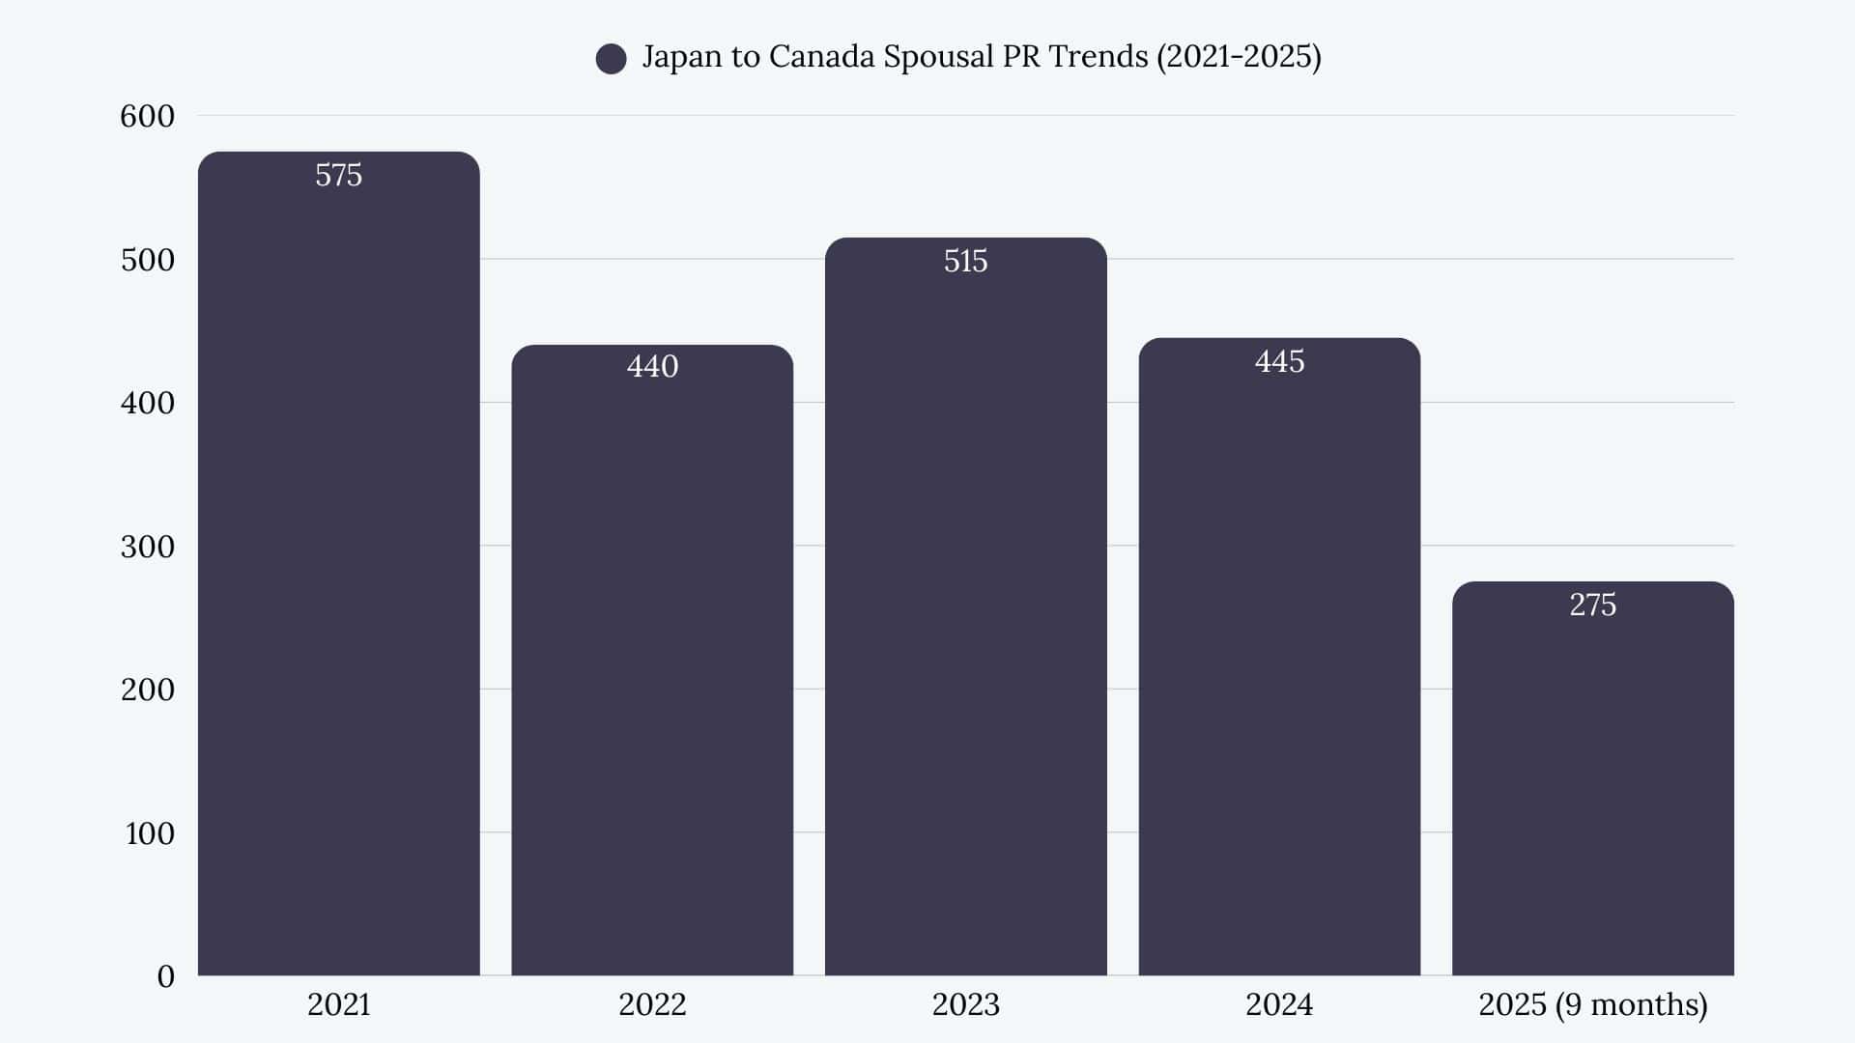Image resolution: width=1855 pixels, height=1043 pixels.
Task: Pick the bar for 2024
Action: tap(1279, 666)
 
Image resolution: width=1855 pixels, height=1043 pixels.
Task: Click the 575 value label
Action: tap(338, 175)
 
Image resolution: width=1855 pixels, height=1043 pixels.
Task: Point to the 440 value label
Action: tap(652, 366)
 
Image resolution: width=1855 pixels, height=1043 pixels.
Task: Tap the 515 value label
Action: tap(965, 261)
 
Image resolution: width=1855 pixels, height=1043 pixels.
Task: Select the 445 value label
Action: tap(1279, 361)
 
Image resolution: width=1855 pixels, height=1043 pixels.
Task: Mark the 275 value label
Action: tap(1592, 605)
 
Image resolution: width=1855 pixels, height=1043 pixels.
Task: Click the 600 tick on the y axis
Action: tap(147, 116)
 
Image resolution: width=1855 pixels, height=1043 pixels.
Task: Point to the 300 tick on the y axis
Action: tap(147, 547)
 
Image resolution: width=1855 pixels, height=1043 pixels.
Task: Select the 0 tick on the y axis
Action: tap(165, 976)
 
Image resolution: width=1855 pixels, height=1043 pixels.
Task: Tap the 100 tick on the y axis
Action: tap(149, 833)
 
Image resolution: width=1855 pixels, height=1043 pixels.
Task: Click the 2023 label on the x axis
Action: tap(965, 1004)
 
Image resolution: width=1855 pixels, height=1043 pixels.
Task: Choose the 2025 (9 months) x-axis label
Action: tap(1592, 1004)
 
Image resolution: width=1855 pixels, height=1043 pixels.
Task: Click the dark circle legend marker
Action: tap(611, 58)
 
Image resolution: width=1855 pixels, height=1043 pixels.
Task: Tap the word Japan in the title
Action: tap(682, 56)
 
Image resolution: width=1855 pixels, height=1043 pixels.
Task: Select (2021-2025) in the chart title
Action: tap(1239, 56)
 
